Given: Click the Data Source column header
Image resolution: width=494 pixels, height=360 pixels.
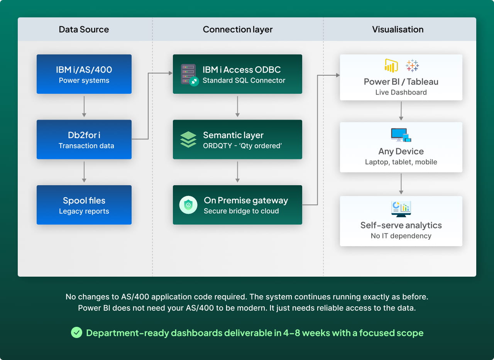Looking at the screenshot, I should [84, 29].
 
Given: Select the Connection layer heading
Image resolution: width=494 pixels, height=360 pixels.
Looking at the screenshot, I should [237, 29].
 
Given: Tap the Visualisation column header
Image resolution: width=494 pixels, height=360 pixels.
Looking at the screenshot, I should [398, 29].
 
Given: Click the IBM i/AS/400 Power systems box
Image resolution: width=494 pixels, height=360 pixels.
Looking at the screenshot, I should [84, 74].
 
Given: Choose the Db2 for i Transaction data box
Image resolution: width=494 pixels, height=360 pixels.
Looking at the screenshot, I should [84, 139].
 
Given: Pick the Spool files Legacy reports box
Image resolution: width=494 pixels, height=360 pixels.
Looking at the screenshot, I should [84, 205].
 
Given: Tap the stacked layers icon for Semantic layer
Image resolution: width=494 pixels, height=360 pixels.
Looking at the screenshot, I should [188, 140].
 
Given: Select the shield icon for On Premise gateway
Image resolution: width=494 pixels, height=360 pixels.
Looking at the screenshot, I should [188, 205].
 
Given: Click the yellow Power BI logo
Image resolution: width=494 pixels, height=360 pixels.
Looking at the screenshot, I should [391, 66].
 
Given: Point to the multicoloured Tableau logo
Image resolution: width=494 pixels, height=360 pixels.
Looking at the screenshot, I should [412, 66].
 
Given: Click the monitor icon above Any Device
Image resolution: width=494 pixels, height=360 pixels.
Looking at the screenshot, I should [401, 135].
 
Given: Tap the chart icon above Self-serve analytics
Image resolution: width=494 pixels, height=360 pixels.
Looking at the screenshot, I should [401, 209].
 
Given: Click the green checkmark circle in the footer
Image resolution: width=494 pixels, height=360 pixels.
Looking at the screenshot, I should [76, 333].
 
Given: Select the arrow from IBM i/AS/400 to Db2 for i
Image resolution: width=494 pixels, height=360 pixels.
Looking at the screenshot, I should [84, 106].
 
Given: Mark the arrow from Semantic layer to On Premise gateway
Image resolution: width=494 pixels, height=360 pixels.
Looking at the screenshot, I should [237, 172].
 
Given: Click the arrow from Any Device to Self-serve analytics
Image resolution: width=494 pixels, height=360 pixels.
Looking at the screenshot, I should [401, 184].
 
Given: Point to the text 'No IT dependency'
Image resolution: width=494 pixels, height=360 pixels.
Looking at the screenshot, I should [401, 236].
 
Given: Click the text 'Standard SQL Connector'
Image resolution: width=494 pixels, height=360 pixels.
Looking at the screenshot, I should [244, 80].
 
